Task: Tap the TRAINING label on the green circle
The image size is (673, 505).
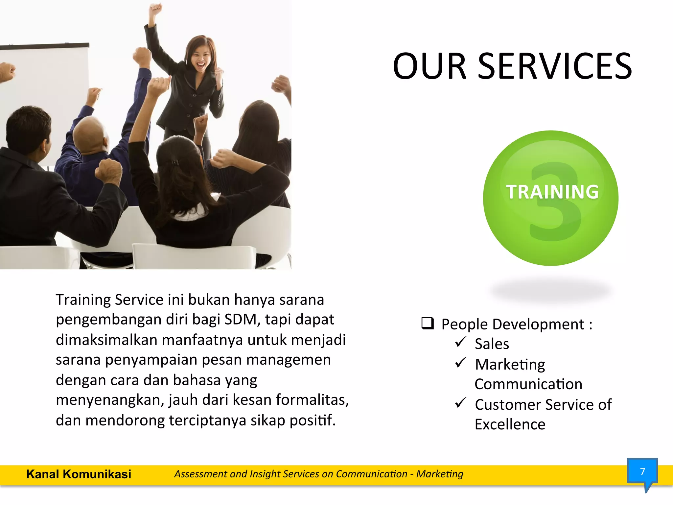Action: pos(552,192)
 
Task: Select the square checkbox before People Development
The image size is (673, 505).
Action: pos(428,324)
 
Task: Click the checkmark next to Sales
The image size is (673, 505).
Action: pos(460,342)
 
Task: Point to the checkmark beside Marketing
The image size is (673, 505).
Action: pos(460,362)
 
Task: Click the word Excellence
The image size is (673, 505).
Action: pos(510,424)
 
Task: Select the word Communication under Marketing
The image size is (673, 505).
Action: pos(528,384)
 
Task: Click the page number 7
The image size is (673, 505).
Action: pos(642,472)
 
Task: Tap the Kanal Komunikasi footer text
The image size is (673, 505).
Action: pos(79,474)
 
